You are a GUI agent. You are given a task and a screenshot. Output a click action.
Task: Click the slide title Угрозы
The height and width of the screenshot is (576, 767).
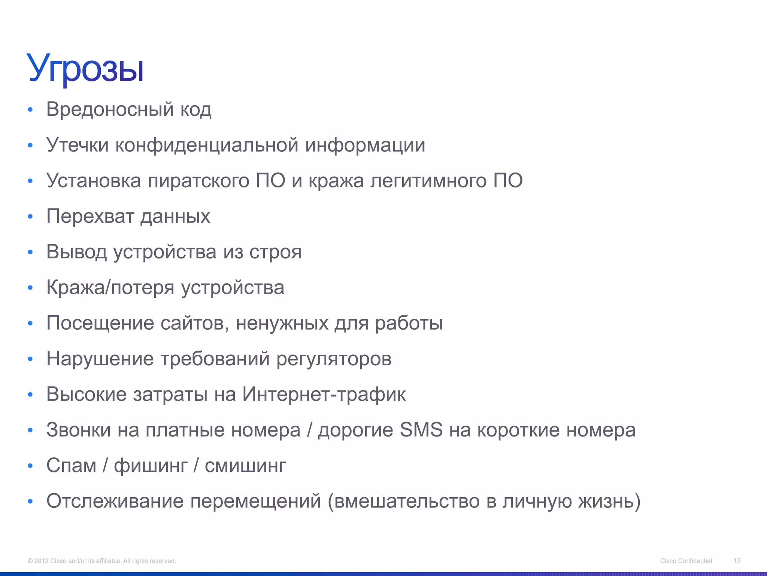85,69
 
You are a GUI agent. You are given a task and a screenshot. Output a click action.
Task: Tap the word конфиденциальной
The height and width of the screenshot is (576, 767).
207,145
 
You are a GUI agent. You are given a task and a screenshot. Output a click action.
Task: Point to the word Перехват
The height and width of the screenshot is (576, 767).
90,216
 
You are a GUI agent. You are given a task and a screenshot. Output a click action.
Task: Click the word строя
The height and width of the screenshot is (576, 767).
275,252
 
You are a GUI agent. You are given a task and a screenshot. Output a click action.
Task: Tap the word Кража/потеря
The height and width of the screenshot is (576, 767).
110,288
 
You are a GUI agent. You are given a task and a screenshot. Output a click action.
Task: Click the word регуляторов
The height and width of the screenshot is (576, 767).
334,359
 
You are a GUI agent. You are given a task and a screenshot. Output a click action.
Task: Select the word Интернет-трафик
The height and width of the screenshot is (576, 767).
324,394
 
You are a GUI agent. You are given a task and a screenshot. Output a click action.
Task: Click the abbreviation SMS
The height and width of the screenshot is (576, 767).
421,430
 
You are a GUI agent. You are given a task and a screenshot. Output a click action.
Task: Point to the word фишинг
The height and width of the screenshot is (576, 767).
151,466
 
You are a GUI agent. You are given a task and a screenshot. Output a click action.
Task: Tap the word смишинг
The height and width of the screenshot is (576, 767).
245,466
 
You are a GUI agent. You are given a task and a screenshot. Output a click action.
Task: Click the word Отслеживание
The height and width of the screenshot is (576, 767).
115,501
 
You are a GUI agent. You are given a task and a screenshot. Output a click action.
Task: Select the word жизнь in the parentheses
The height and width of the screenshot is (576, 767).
606,501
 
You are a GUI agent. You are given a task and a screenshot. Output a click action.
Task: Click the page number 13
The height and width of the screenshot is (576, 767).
737,561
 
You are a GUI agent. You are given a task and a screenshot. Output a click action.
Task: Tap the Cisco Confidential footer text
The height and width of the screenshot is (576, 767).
686,561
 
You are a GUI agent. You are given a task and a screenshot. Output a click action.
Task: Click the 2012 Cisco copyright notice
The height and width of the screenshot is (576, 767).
102,561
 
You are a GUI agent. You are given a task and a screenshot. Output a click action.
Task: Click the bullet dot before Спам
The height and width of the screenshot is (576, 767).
30,466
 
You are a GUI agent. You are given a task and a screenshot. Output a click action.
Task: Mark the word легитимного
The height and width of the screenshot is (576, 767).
428,181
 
